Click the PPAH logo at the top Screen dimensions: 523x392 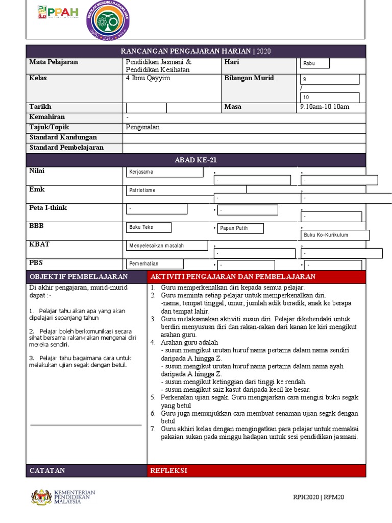click(x=58, y=12)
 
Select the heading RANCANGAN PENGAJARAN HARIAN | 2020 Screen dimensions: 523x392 click(x=196, y=52)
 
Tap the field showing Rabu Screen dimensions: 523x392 click(x=315, y=63)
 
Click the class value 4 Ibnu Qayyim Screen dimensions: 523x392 click(x=148, y=78)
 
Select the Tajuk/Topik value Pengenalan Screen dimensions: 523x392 click(x=143, y=127)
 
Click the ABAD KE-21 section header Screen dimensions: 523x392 click(x=196, y=160)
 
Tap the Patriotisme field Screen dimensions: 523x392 click(x=186, y=190)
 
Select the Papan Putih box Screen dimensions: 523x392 click(x=240, y=228)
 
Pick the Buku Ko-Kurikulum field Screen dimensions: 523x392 click(x=335, y=235)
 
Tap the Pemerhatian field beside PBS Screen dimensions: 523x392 click(x=155, y=264)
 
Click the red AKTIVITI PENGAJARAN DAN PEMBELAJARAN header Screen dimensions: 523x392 click(x=256, y=277)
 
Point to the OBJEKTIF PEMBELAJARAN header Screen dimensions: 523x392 click(x=86, y=277)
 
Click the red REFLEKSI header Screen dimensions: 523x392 click(x=256, y=470)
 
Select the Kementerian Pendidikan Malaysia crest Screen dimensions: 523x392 click(x=41, y=497)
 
